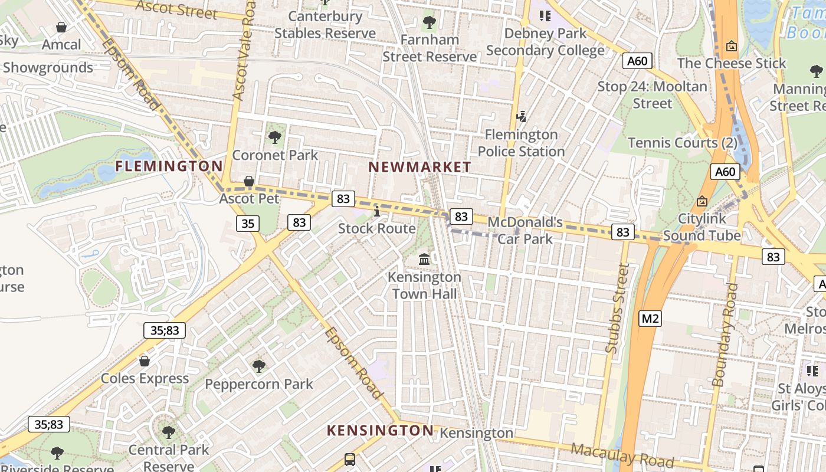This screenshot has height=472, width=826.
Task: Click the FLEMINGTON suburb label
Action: coord(169,166)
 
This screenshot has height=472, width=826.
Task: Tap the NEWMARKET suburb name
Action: coord(419,168)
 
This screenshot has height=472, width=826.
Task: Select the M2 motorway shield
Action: coord(650,319)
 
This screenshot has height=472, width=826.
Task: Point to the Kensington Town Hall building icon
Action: coord(424,259)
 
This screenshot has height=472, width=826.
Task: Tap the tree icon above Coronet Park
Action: coord(274,137)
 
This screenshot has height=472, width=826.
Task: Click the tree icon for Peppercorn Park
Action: coord(258,366)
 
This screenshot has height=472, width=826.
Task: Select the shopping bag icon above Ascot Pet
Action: coord(249,181)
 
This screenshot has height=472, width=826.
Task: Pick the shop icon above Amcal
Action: coord(61,27)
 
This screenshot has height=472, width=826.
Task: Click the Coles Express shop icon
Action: coord(145,360)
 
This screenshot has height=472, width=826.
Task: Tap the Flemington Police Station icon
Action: coord(522,117)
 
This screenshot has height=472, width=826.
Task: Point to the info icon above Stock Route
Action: coord(377,211)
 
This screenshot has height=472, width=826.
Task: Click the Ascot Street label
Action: coord(176,9)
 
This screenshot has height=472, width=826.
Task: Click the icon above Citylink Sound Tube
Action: coord(702,201)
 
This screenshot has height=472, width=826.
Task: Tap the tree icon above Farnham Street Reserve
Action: coord(430,22)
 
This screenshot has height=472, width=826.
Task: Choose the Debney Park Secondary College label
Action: coord(545,42)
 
